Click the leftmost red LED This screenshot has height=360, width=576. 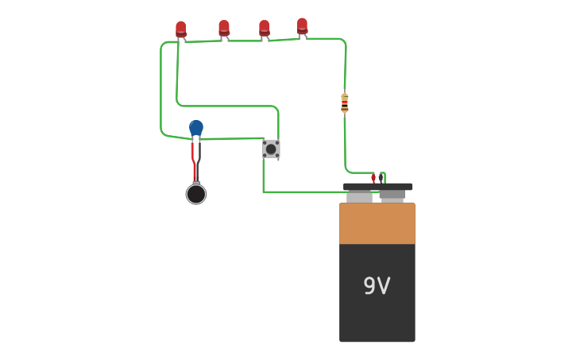(x=181, y=29)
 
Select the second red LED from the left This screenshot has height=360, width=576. (x=224, y=29)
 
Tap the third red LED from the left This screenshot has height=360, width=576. (x=264, y=29)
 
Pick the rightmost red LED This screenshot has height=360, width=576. (x=302, y=26)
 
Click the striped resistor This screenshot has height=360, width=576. (x=344, y=103)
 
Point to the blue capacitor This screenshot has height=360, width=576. (x=196, y=128)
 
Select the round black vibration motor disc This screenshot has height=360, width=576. (x=196, y=194)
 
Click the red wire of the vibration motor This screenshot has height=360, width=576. (x=193, y=159)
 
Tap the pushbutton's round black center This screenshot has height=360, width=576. (x=271, y=149)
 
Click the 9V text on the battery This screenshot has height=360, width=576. (x=377, y=286)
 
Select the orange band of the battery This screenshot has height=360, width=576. (x=377, y=223)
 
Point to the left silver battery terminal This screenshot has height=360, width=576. (x=359, y=196)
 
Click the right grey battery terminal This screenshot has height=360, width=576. (x=392, y=195)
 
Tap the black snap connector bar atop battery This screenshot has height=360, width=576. (x=377, y=187)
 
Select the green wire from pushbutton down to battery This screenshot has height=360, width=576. (x=302, y=192)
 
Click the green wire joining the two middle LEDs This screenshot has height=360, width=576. (x=244, y=41)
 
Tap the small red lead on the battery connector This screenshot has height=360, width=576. (x=373, y=179)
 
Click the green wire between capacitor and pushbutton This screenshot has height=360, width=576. (x=234, y=138)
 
